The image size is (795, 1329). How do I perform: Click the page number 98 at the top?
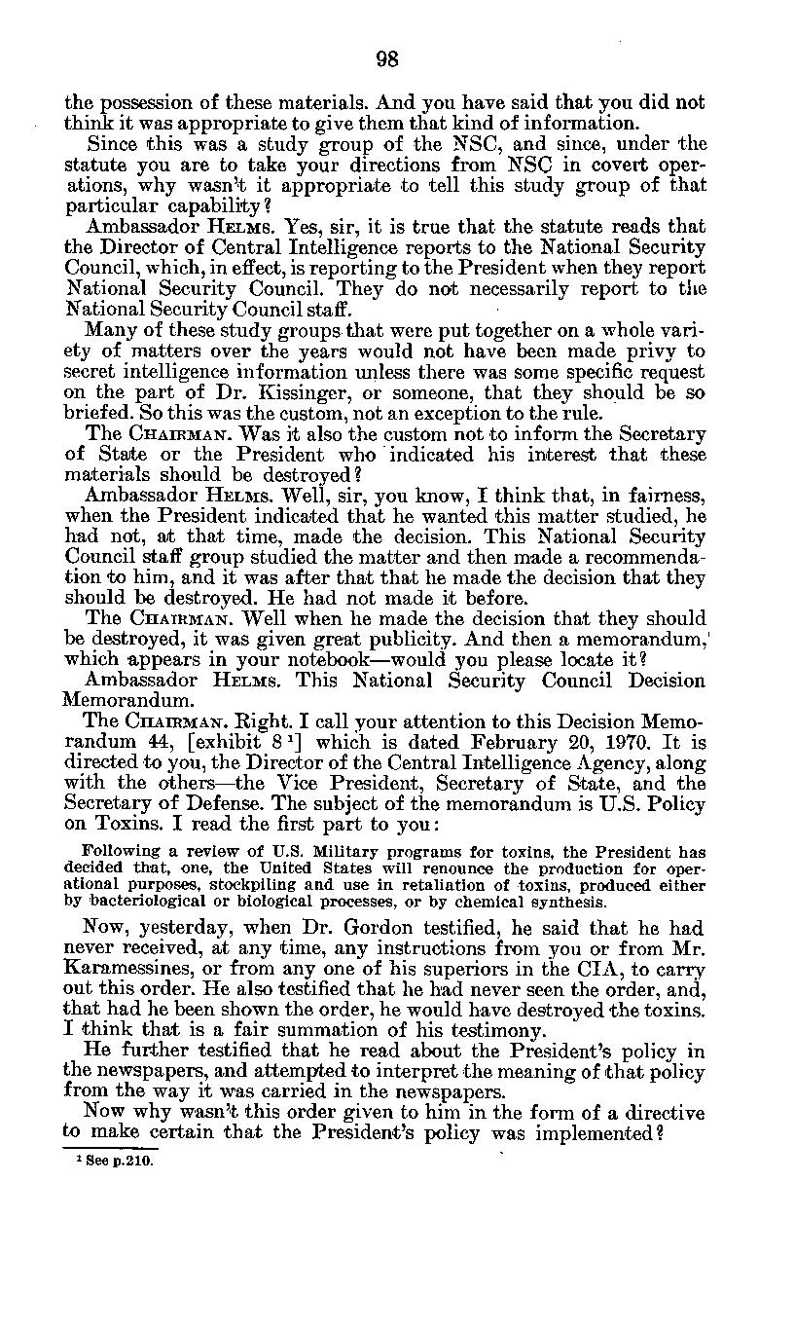click(387, 59)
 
